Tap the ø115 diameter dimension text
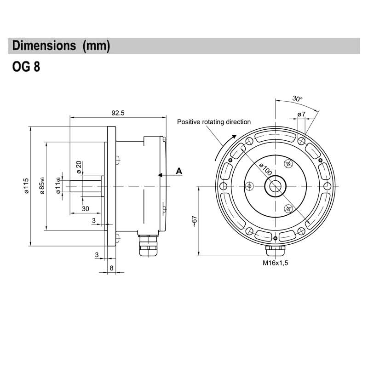point(26,186)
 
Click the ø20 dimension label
point(79,167)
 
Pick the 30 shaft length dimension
point(86,208)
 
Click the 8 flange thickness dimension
point(111,268)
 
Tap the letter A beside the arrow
point(179,171)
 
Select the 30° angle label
point(297,99)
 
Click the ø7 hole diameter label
point(302,114)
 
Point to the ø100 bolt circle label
point(266,169)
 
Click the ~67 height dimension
point(194,221)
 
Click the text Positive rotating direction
point(214,122)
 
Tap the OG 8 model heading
point(26,68)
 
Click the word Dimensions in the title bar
point(44,46)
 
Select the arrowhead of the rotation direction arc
point(235,137)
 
